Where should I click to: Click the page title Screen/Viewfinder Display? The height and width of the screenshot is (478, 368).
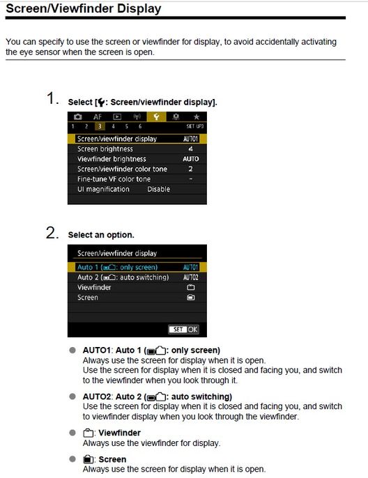click(84, 9)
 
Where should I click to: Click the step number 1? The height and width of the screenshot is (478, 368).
click(52, 98)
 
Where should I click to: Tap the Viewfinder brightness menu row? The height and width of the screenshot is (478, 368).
click(112, 159)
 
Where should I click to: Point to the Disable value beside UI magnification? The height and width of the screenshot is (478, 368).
click(158, 189)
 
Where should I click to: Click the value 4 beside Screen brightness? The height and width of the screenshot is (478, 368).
click(190, 149)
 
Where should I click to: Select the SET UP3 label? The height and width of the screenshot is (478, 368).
click(194, 126)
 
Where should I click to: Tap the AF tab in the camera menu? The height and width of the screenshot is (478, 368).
click(98, 117)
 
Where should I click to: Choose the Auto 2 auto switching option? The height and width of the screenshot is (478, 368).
click(123, 277)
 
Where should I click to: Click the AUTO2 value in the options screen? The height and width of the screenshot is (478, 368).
click(190, 277)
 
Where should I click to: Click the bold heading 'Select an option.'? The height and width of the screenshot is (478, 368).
click(101, 236)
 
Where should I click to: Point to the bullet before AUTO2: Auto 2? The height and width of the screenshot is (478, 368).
click(72, 396)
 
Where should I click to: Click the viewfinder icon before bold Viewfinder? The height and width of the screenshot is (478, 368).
click(88, 433)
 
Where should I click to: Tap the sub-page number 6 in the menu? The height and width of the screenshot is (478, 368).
click(139, 126)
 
